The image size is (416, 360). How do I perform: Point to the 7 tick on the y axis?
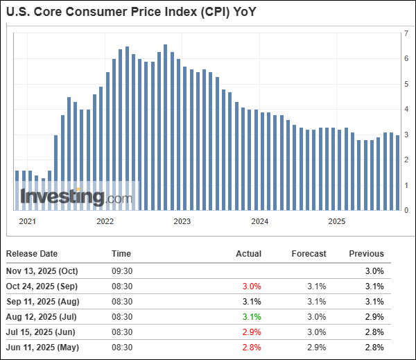coord(407,33)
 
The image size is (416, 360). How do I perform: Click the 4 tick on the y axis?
coord(407,109)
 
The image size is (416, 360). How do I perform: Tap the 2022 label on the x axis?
coord(105,221)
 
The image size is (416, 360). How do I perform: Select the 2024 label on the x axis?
coord(259,221)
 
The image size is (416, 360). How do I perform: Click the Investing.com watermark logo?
coord(75,197)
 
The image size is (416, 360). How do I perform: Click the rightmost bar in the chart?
coord(397,173)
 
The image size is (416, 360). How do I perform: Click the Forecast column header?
coord(309,254)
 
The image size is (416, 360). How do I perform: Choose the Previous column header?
coord(366,254)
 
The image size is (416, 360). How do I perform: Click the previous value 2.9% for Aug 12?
coord(374,318)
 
